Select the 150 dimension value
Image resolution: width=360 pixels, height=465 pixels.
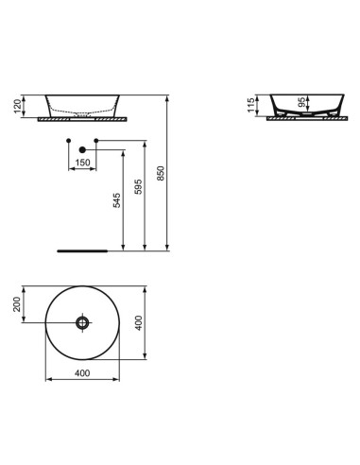(83, 162)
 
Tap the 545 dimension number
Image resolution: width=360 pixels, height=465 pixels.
(117, 200)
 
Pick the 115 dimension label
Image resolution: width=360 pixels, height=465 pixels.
(251, 105)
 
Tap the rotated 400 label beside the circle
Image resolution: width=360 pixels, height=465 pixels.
(139, 323)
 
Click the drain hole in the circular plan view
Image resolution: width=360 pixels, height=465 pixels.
(81, 323)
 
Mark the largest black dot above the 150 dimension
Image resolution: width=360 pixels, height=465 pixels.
(83, 149)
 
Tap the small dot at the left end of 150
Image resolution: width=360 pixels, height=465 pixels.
(69, 141)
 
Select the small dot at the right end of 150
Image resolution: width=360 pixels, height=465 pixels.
(97, 141)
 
